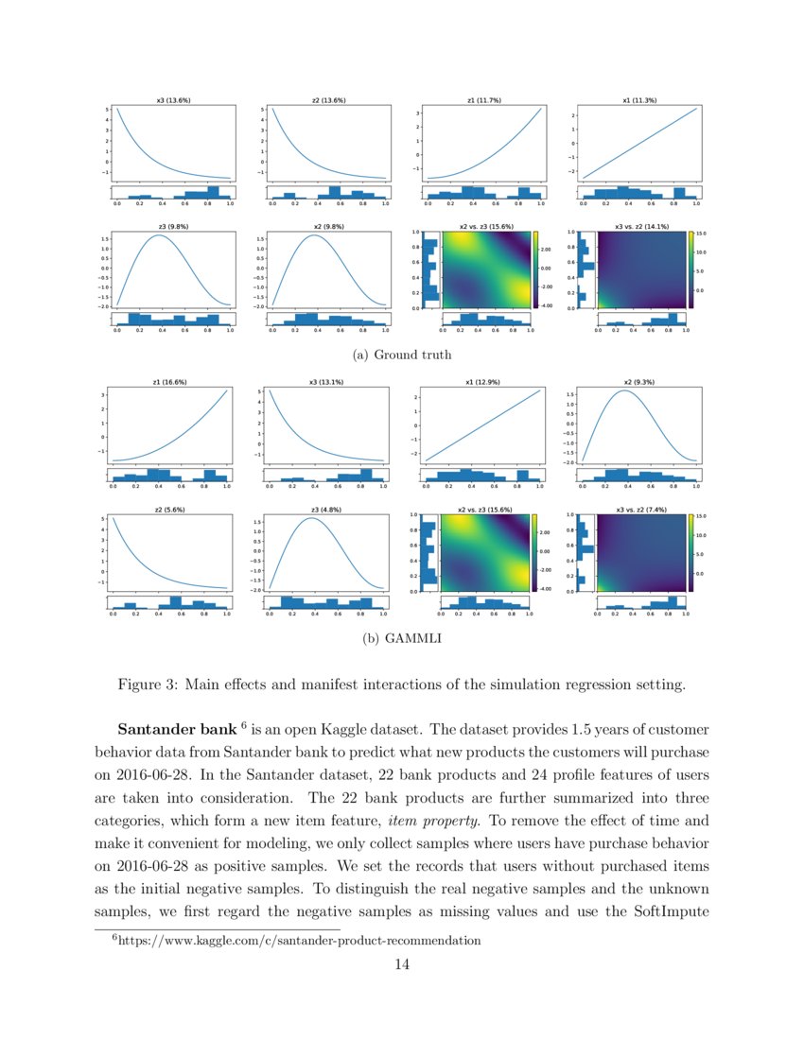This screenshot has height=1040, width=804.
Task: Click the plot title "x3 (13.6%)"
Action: point(173,100)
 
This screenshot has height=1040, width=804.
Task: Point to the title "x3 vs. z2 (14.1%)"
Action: point(640,226)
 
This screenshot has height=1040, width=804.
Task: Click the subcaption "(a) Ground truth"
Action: point(401,355)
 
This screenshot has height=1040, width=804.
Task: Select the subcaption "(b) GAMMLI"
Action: point(401,639)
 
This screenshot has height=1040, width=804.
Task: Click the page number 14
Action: point(401,964)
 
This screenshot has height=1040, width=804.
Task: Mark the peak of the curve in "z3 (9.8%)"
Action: point(160,235)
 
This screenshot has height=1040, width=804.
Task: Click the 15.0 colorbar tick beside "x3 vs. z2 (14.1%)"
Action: point(701,234)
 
